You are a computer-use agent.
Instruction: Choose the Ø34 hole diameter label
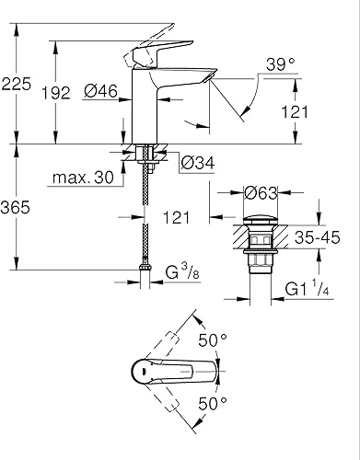(x=197, y=163)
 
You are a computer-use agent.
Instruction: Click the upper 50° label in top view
(x=215, y=340)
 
